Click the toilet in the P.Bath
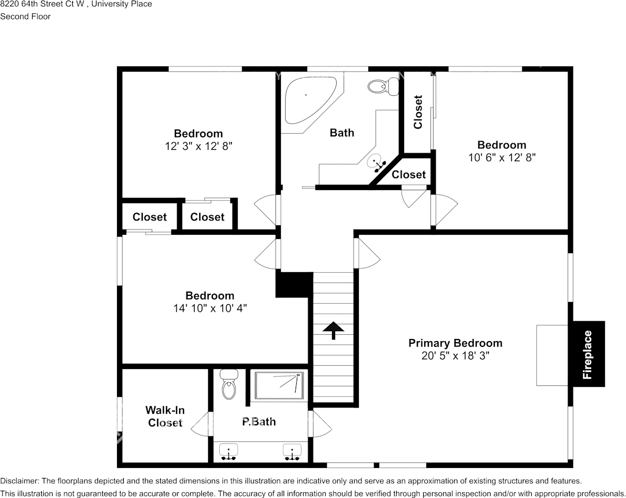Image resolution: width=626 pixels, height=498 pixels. click(x=229, y=385)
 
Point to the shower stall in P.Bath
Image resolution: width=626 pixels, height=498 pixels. click(x=280, y=386)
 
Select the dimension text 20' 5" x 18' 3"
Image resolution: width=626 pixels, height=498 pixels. click(x=455, y=355)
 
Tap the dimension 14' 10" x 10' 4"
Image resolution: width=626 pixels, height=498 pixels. click(x=210, y=308)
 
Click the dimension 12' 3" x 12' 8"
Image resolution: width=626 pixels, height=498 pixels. click(x=198, y=146)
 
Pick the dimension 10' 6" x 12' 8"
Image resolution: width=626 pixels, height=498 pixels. click(x=502, y=157)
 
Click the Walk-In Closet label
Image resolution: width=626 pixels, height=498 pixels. click(x=165, y=416)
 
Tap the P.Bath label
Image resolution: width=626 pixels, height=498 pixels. click(x=259, y=421)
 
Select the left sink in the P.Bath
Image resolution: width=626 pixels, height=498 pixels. click(x=228, y=452)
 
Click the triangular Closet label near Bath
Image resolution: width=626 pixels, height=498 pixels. click(x=408, y=174)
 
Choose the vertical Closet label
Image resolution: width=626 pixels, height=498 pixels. click(x=418, y=112)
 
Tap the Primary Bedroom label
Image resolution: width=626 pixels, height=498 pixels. click(x=455, y=343)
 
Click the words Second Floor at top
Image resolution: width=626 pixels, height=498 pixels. click(x=25, y=16)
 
